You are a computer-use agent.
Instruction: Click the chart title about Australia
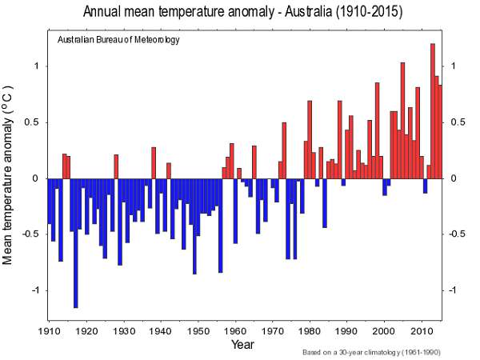(x=240, y=13)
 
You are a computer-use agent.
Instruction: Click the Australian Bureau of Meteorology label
(x=118, y=40)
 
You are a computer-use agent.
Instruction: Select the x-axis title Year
(x=242, y=344)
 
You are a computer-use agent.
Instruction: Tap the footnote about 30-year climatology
(x=372, y=352)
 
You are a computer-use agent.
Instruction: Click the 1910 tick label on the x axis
(x=49, y=330)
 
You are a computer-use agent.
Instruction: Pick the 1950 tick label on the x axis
(x=198, y=330)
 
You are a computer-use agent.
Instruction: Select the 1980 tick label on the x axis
(x=309, y=330)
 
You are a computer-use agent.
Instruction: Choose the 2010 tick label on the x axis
(x=421, y=330)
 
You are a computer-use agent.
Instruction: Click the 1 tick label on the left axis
(x=34, y=66)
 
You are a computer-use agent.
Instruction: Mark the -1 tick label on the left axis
(x=32, y=290)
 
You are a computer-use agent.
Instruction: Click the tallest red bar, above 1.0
(x=433, y=110)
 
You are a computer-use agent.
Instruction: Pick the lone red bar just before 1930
(x=116, y=166)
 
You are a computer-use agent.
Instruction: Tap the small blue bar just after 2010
(x=425, y=186)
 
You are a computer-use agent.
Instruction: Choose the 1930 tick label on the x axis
(x=123, y=330)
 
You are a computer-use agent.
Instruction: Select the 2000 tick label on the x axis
(x=383, y=330)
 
